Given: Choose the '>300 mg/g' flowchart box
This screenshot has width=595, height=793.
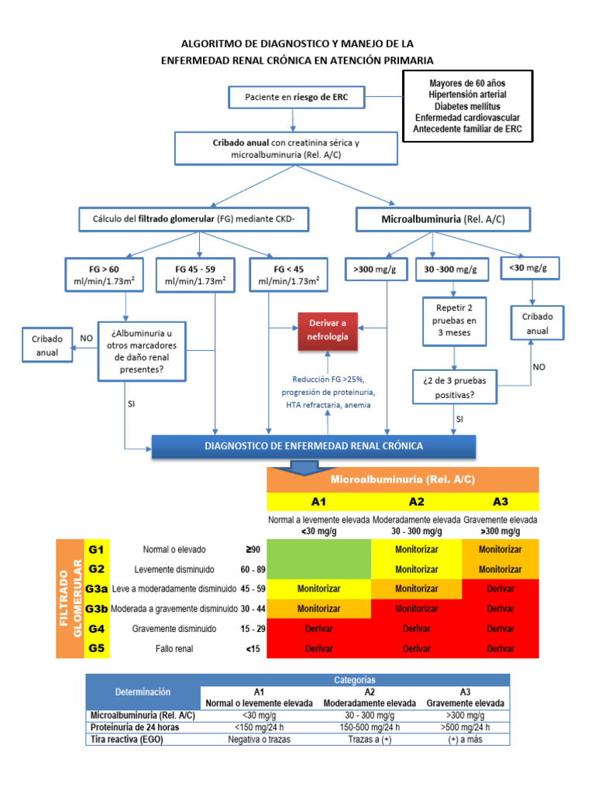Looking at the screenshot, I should [x=376, y=269].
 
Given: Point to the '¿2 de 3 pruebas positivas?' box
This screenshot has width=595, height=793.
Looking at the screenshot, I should [x=455, y=387].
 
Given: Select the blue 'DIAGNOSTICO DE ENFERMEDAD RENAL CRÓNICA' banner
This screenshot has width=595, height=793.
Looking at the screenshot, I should [x=314, y=446].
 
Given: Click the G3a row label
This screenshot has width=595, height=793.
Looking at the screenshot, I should [x=97, y=589].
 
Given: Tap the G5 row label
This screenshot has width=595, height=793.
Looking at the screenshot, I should [x=97, y=648].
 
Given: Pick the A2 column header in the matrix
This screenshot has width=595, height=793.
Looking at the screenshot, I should [x=416, y=501].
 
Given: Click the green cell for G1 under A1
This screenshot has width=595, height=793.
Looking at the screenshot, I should [x=318, y=559].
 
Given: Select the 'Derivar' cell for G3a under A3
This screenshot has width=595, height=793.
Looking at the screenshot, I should [x=500, y=589].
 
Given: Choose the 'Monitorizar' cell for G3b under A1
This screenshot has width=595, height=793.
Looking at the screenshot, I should [x=318, y=609].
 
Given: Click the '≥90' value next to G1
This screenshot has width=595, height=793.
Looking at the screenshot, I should [x=252, y=549].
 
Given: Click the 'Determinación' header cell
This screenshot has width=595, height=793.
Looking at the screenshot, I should [x=143, y=691].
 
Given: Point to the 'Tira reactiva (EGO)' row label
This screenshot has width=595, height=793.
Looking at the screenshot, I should [x=127, y=739].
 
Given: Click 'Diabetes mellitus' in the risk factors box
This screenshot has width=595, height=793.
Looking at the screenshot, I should [x=467, y=105].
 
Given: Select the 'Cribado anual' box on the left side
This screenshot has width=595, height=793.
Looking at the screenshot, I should [x=46, y=345].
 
